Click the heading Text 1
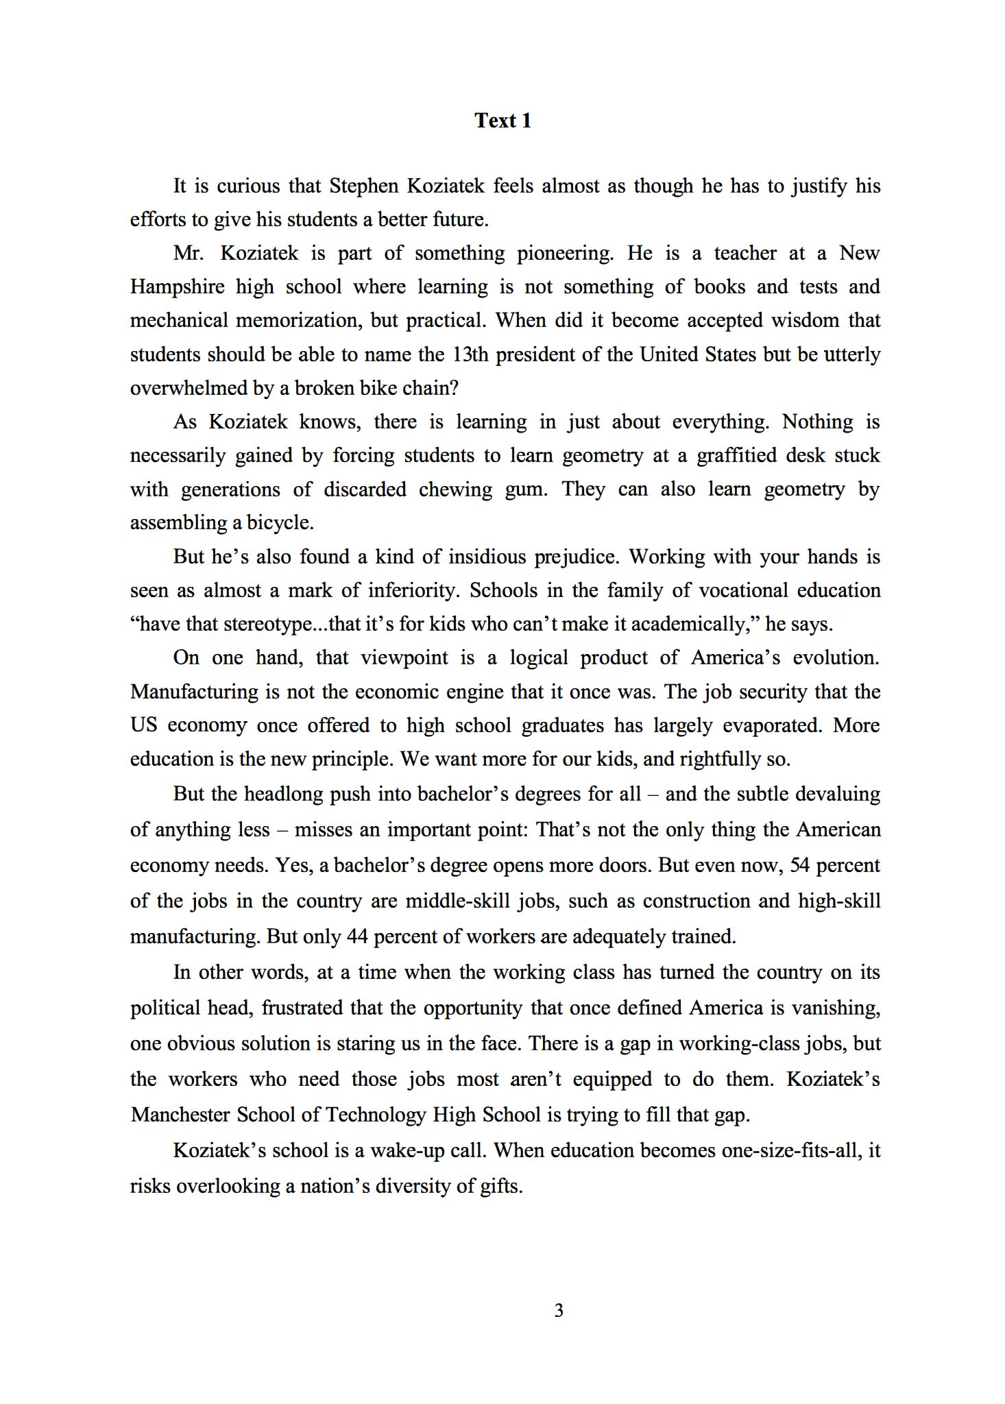502,121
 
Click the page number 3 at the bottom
558,1310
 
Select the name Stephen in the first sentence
363,186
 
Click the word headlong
284,794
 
